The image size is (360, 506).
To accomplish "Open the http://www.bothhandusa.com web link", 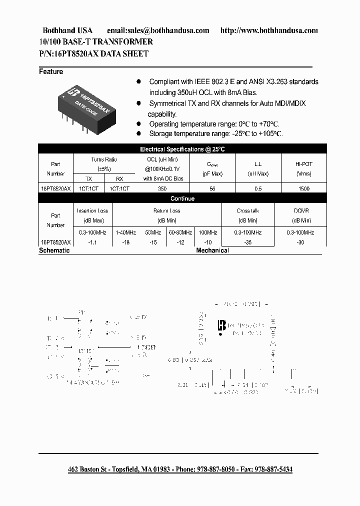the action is click(269, 30).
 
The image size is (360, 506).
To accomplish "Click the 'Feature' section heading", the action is click(51, 71).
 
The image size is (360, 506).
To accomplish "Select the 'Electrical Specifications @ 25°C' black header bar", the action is click(182, 149).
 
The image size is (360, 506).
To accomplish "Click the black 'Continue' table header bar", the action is click(182, 198).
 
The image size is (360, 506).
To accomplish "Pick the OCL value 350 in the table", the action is click(163, 189).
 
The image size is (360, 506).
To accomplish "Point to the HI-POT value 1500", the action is click(303, 189).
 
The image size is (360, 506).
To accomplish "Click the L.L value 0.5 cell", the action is click(258, 189).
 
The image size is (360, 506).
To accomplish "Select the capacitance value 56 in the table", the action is click(212, 189).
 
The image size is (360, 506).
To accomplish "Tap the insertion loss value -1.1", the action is click(92, 242).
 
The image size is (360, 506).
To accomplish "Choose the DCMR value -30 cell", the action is click(300, 242).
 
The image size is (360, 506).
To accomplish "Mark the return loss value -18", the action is click(125, 242).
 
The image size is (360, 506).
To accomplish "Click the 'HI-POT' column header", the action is click(303, 163).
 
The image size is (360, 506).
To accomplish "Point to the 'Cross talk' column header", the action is click(248, 211).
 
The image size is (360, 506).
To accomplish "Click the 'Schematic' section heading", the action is click(54, 250).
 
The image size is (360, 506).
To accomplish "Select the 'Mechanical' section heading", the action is click(212, 250).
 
